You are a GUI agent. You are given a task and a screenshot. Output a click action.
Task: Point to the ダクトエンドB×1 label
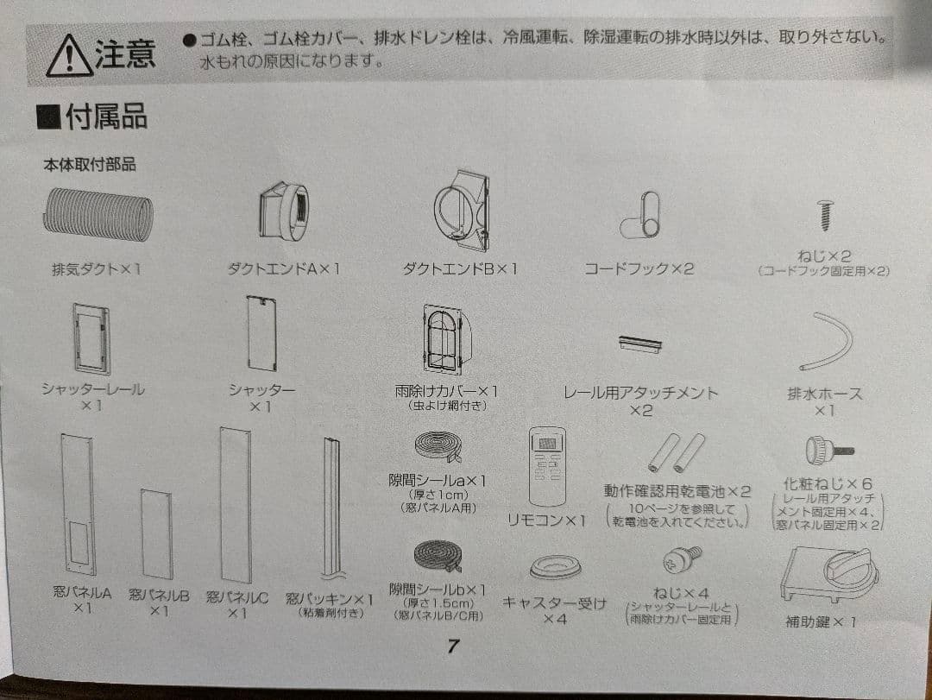coord(460,269)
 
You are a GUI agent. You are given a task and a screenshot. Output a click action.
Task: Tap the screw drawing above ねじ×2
coord(823,214)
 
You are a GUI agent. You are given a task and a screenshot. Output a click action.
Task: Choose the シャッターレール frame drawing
coord(91,338)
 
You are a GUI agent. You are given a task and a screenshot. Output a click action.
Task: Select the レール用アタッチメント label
coord(640,393)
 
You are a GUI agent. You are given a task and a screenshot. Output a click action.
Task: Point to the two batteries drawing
coord(677,453)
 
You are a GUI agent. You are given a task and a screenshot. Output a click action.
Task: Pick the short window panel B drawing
coord(157,533)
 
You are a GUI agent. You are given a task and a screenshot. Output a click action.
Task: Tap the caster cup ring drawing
coord(555,567)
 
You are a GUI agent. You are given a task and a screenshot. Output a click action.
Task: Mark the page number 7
coord(453,647)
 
